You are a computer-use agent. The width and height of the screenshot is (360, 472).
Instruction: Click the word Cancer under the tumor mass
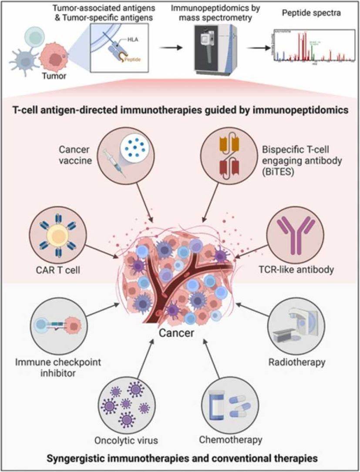(x=180, y=334)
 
